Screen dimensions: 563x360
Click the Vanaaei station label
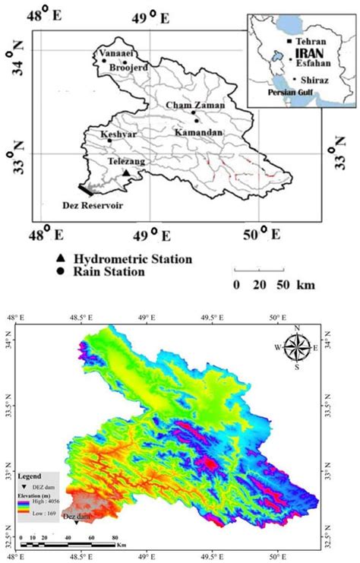tap(114, 54)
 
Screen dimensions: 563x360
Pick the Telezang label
tap(124, 162)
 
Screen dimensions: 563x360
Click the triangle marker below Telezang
tap(127, 173)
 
